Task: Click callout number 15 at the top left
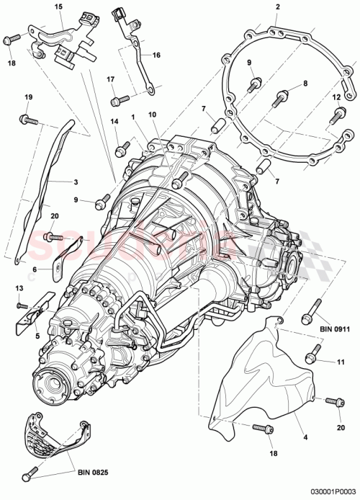click(59, 6)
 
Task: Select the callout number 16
click(157, 54)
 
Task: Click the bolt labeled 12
click(337, 114)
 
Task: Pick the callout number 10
click(152, 115)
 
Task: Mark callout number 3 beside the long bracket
click(75, 182)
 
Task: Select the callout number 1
click(132, 115)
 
